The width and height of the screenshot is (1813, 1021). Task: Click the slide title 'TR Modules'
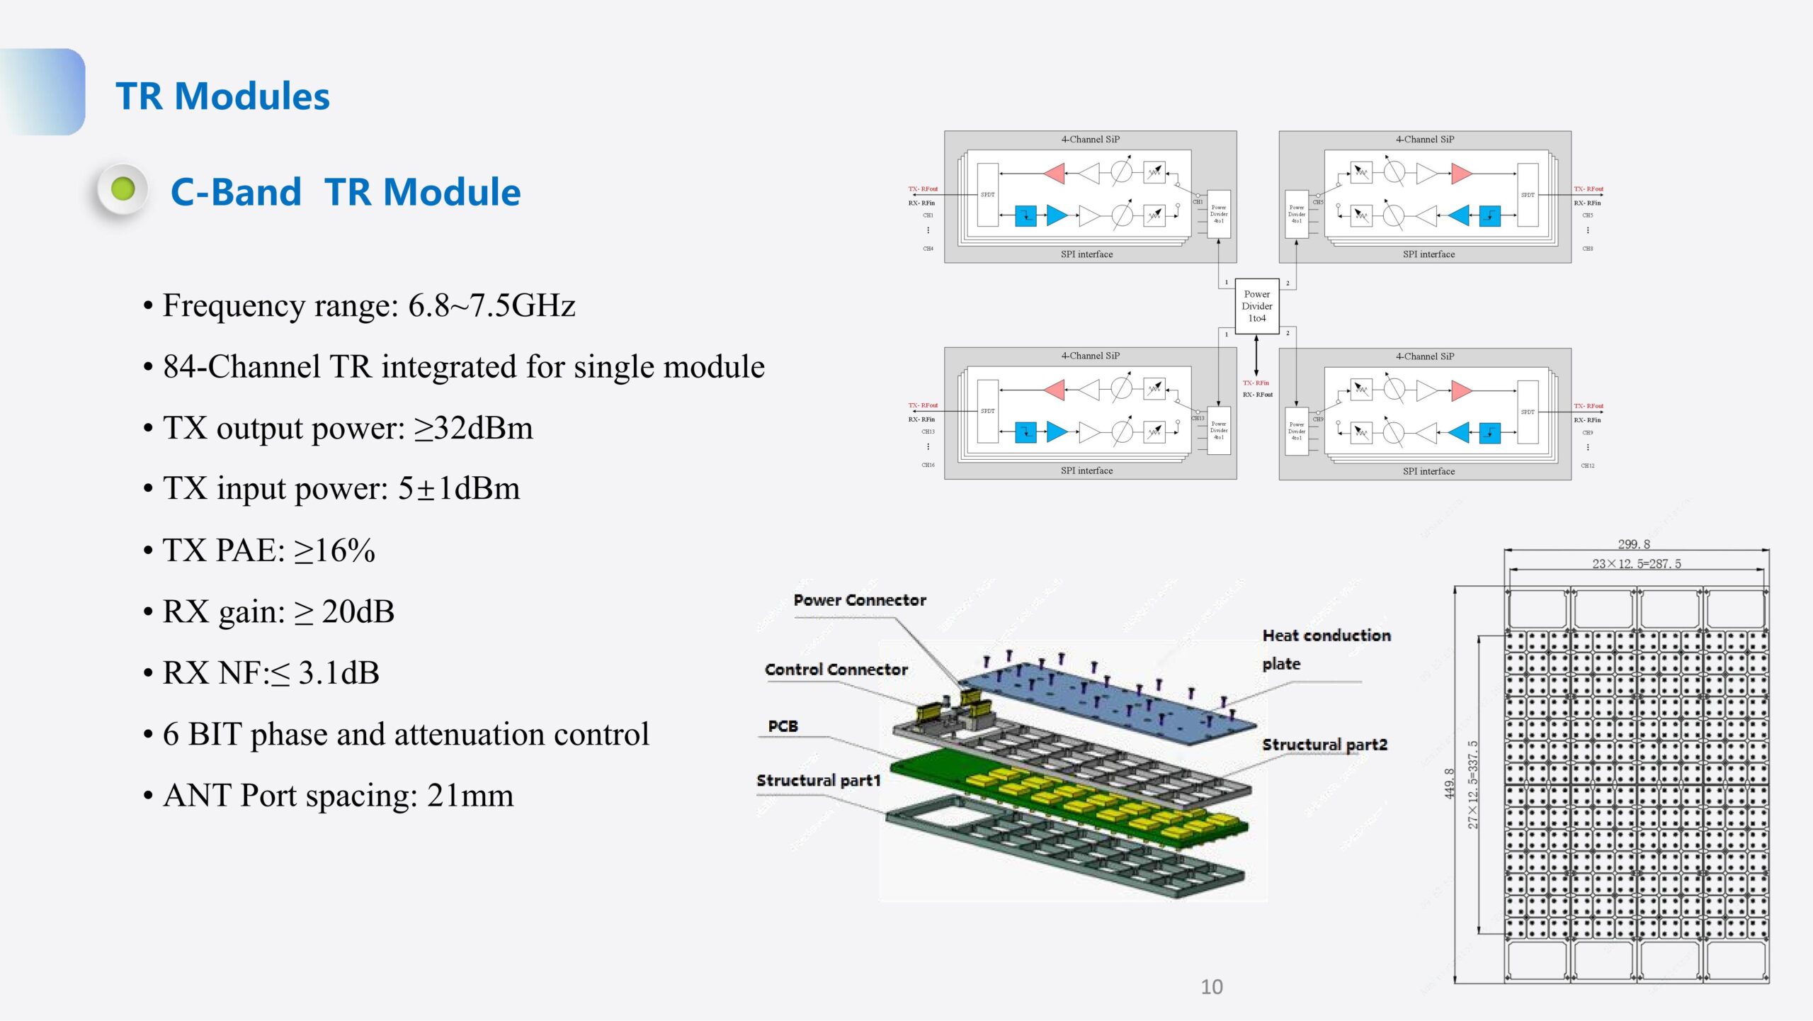pyautogui.click(x=222, y=96)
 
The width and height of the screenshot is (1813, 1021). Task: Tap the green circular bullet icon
pyautogui.click(x=123, y=189)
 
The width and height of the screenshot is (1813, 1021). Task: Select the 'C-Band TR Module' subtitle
pyautogui.click(x=346, y=192)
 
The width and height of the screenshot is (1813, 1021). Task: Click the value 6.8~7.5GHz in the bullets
pyautogui.click(x=491, y=306)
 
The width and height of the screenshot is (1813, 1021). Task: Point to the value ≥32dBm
pyautogui.click(x=473, y=428)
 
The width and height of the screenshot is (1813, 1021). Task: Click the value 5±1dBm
pyautogui.click(x=458, y=489)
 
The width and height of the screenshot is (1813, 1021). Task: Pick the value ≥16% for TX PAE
pyautogui.click(x=334, y=551)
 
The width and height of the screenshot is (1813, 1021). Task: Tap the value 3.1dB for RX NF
pyautogui.click(x=339, y=673)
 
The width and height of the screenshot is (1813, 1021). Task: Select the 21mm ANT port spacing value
pyautogui.click(x=470, y=796)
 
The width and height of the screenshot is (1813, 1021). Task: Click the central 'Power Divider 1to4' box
pyautogui.click(x=1256, y=306)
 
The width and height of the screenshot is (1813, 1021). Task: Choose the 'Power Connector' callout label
pyautogui.click(x=860, y=600)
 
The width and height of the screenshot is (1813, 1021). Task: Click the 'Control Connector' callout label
pyautogui.click(x=836, y=670)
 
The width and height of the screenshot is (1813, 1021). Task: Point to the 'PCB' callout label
pyautogui.click(x=783, y=726)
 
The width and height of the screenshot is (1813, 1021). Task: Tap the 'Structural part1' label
pyautogui.click(x=818, y=780)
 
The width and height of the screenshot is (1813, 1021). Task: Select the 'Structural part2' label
pyautogui.click(x=1324, y=745)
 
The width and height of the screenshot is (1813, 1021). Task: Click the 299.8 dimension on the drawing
pyautogui.click(x=1634, y=544)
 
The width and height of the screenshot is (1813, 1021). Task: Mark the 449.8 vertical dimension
pyautogui.click(x=1449, y=784)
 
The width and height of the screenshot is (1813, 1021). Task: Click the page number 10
pyautogui.click(x=1212, y=987)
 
